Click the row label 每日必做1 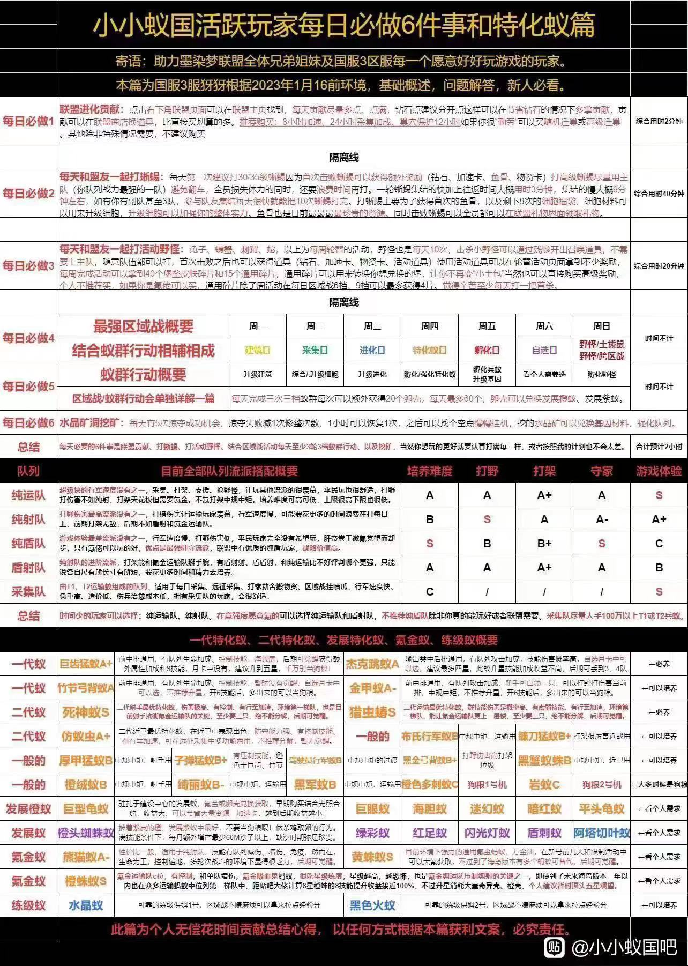coord(28,121)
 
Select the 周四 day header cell coord(430,326)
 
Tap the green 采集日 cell coord(315,350)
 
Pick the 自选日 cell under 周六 coord(544,350)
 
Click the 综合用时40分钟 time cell coord(659,194)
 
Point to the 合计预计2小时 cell coord(659,447)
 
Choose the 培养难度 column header coord(430,471)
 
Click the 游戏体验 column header coord(659,471)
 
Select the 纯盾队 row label coord(28,544)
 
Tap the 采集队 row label coord(28,592)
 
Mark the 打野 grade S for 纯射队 coord(487,519)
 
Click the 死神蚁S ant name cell coord(86,712)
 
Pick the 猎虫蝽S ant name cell coord(373,712)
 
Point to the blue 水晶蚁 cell coord(86,905)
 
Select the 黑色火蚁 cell coord(373,905)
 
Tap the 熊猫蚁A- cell coord(86,857)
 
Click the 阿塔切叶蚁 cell coord(602,833)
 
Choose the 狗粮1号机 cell coord(487,785)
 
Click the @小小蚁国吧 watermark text coord(624,947)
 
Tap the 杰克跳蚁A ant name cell coord(373,664)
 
